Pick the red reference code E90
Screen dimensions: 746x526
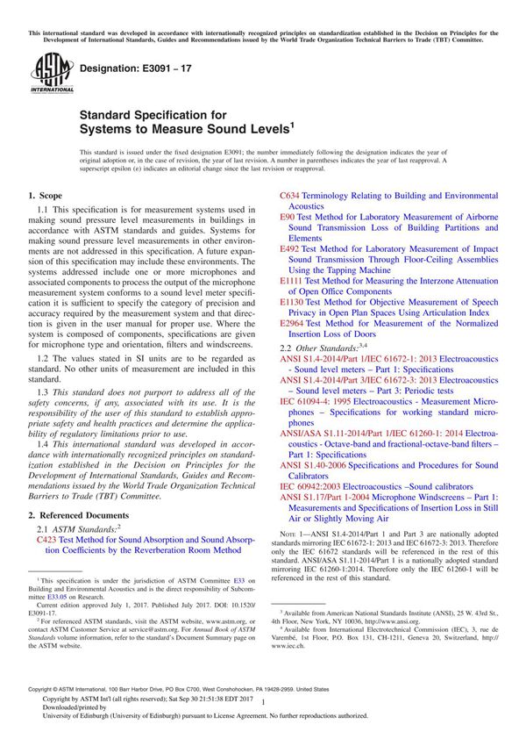click(288, 216)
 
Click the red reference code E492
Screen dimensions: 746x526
click(290, 249)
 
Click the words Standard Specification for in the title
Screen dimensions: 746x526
click(153, 115)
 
